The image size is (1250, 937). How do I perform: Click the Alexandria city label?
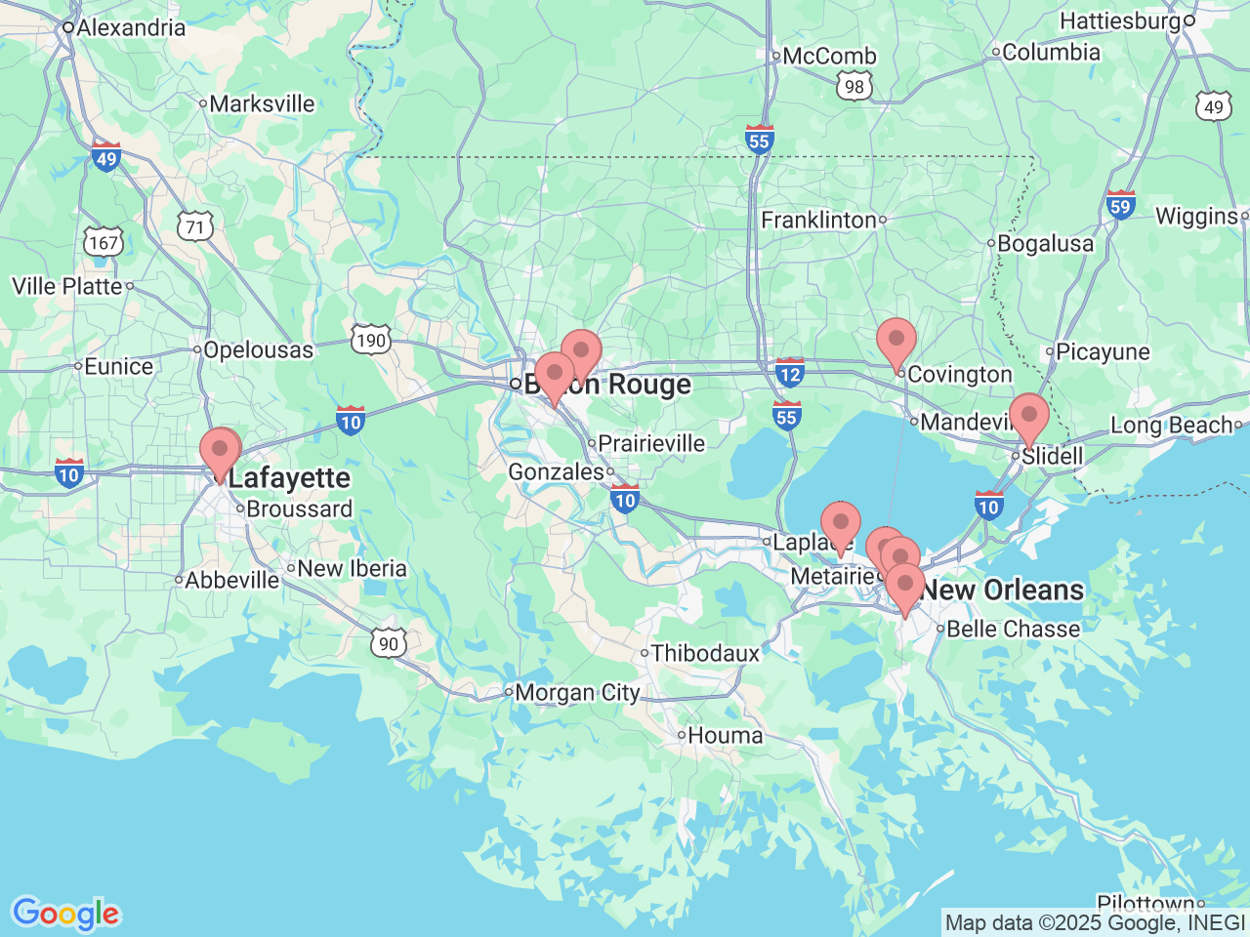pyautogui.click(x=130, y=27)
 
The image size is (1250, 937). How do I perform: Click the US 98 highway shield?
pyautogui.click(x=854, y=86)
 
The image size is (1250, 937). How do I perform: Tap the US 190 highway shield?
pyautogui.click(x=371, y=340)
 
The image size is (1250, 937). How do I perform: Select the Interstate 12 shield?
pyautogui.click(x=789, y=373)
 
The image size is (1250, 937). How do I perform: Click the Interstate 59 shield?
pyautogui.click(x=1120, y=205)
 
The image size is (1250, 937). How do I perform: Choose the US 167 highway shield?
pyautogui.click(x=103, y=242)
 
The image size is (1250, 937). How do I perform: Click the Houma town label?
pyautogui.click(x=725, y=735)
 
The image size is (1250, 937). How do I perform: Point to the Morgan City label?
pyautogui.click(x=576, y=693)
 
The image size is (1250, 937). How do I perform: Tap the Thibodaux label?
pyautogui.click(x=704, y=653)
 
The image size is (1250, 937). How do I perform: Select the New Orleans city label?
pyautogui.click(x=1002, y=590)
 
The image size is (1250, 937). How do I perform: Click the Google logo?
pyautogui.click(x=65, y=915)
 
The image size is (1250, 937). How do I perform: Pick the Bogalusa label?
pyautogui.click(x=1045, y=243)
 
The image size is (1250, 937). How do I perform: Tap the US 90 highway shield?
pyautogui.click(x=389, y=642)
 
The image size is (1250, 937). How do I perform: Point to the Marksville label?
pyautogui.click(x=262, y=103)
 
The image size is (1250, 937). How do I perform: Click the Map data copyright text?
pyautogui.click(x=1095, y=922)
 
